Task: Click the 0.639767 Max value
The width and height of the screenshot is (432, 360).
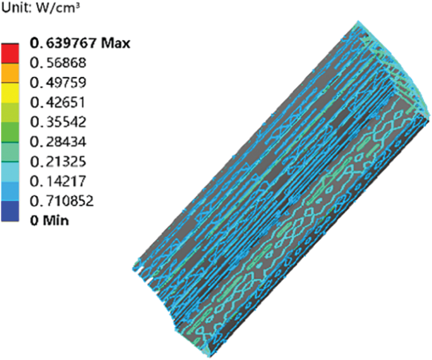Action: coord(80,43)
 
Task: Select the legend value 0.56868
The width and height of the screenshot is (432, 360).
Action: coord(58,63)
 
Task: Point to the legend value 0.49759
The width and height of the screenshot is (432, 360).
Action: coord(58,82)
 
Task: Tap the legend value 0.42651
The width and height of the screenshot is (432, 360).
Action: coord(58,102)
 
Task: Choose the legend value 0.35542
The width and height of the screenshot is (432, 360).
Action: coord(58,122)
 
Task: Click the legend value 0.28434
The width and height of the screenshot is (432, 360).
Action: coord(58,142)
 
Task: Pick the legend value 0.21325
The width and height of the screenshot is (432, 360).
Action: coord(58,161)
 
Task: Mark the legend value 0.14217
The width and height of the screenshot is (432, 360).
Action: coord(58,181)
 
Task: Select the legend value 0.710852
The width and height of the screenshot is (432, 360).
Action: coord(62,201)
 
